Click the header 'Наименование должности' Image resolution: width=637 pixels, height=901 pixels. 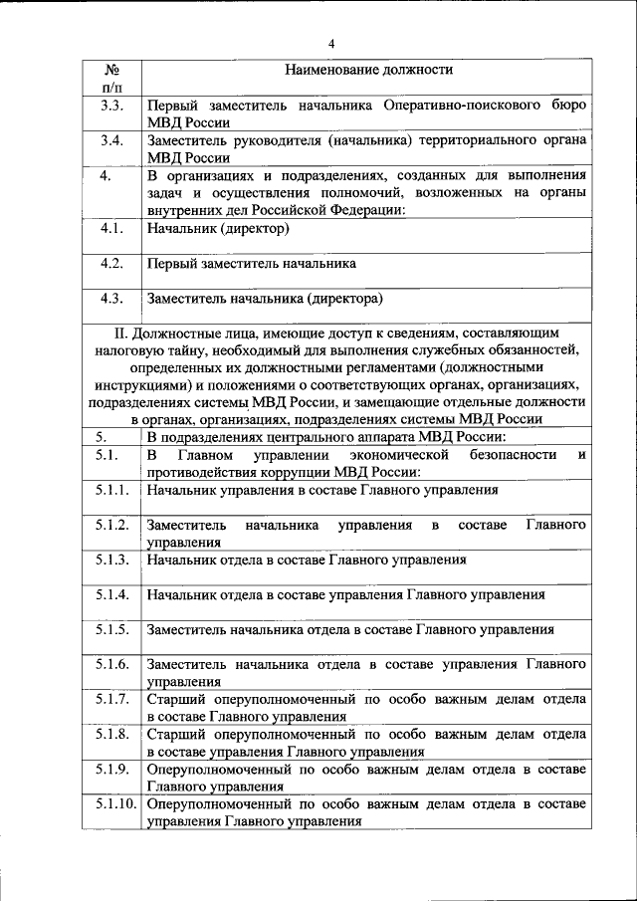[x=368, y=71]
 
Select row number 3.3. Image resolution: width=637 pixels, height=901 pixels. [x=111, y=105]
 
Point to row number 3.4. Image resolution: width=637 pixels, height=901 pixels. [x=111, y=139]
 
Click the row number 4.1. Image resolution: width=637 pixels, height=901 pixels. [x=111, y=228]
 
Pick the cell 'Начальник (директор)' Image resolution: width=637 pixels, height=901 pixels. [x=217, y=229]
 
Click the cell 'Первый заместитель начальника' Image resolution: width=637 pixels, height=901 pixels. [x=251, y=264]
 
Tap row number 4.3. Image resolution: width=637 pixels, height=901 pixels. [x=111, y=297]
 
